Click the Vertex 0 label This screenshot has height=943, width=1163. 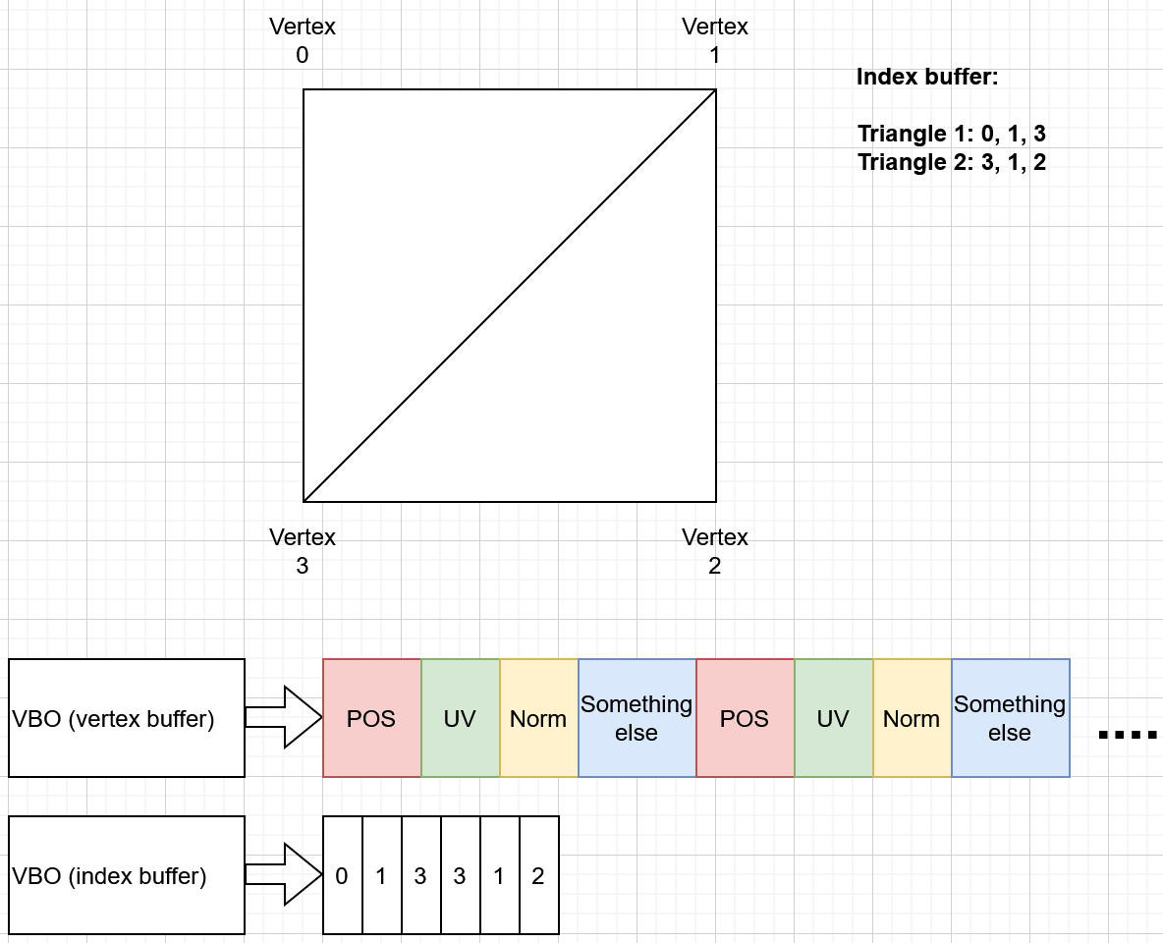[303, 41]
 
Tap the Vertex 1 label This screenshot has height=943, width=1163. [715, 41]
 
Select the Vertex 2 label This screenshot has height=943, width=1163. [715, 551]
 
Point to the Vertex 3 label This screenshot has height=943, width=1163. [303, 551]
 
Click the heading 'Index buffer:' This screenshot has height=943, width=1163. [927, 77]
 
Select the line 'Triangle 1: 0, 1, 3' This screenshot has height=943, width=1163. [952, 134]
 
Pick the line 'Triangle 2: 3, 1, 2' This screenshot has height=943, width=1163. [952, 162]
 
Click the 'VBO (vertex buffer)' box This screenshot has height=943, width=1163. [127, 718]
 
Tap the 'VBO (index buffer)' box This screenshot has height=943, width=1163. [127, 875]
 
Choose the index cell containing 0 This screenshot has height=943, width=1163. [342, 875]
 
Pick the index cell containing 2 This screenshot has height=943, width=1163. [538, 875]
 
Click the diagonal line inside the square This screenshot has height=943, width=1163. [510, 296]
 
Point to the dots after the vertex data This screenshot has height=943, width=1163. [1128, 734]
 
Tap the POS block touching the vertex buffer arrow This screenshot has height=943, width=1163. [371, 718]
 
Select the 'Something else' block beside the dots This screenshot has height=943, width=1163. [1010, 718]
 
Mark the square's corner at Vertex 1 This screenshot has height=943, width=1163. [716, 89]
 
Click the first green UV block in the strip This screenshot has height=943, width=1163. [460, 718]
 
